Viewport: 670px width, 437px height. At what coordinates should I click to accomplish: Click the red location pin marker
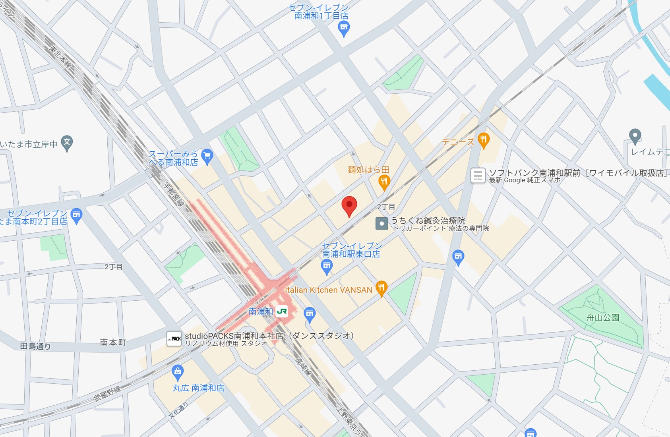click(349, 205)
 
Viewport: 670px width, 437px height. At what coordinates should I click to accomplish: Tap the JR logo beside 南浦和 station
click(282, 311)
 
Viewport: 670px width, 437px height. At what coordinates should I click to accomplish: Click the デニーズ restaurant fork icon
click(483, 140)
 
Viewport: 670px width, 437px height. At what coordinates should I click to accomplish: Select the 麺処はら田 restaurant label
click(368, 170)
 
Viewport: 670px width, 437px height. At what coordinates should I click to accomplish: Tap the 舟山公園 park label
click(602, 317)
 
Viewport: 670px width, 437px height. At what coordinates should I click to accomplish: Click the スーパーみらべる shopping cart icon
click(207, 156)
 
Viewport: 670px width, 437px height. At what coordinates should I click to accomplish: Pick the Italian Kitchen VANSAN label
click(328, 290)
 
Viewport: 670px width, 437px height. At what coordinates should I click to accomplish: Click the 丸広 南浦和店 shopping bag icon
click(178, 372)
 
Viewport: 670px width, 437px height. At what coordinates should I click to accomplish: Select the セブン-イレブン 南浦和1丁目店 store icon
click(343, 28)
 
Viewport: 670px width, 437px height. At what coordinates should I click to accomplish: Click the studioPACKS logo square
click(174, 339)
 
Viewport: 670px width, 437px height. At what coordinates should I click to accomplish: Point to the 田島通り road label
click(35, 346)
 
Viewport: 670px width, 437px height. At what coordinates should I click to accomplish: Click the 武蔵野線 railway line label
click(107, 393)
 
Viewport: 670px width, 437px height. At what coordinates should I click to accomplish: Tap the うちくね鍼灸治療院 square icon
click(381, 223)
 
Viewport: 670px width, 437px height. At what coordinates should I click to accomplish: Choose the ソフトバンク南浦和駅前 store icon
click(478, 175)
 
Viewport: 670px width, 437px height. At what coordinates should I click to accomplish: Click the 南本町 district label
click(113, 342)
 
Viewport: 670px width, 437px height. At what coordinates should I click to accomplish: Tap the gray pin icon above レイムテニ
click(635, 136)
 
